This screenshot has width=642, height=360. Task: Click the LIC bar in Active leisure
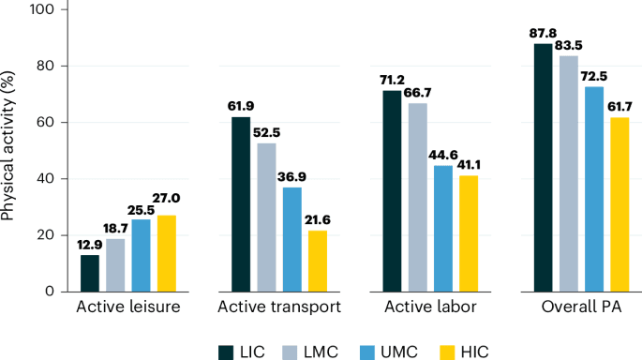point(90,273)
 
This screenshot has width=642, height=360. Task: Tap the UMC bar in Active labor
point(442,228)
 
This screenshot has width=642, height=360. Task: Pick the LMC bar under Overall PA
point(568,173)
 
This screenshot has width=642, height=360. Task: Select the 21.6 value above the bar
point(317,221)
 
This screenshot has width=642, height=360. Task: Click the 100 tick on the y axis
point(44,9)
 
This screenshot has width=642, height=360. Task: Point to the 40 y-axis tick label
point(48,178)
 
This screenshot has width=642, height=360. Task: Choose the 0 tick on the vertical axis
point(52,291)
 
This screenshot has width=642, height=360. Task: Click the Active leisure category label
point(128,307)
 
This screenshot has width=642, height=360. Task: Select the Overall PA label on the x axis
point(581,307)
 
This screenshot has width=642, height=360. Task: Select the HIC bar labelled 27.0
point(166,253)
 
